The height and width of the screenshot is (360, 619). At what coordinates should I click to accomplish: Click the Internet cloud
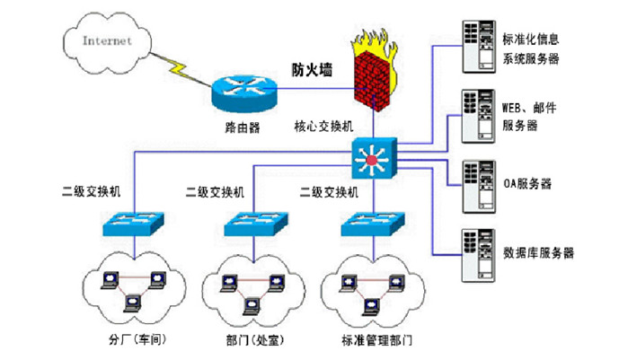click(x=107, y=41)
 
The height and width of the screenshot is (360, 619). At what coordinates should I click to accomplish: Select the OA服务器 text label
click(x=527, y=184)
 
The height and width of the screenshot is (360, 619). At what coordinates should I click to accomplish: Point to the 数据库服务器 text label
click(x=538, y=252)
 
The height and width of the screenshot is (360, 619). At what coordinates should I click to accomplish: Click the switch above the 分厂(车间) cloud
click(x=133, y=223)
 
